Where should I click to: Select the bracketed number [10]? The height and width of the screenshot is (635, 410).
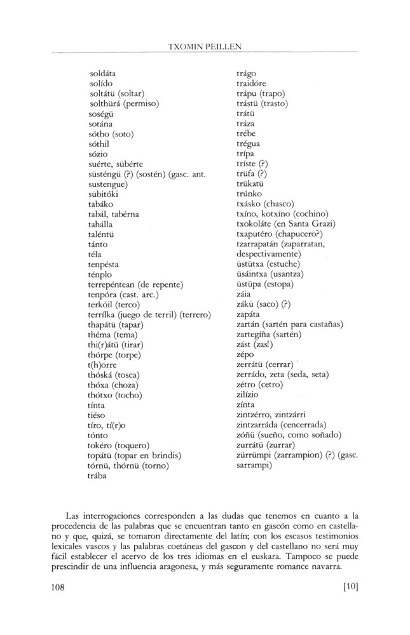350,587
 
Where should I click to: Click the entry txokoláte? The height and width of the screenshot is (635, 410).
255,224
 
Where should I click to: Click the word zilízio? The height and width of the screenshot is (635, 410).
249,394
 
